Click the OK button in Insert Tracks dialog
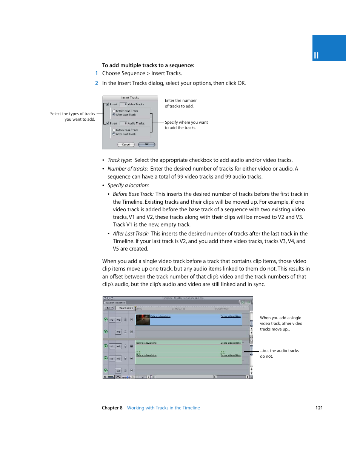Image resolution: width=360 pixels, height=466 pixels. pos(146,145)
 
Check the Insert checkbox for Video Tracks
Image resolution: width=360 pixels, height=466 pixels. pos(108,104)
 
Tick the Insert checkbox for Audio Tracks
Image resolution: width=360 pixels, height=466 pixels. pos(108,123)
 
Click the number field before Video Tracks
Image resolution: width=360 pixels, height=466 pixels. pos(123,104)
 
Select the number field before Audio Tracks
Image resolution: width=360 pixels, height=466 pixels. pos(123,123)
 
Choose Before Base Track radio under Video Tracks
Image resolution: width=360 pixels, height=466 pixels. pos(114,111)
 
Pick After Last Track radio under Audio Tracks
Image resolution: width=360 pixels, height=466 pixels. pos(114,134)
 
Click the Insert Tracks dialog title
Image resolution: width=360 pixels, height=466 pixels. pos(130,98)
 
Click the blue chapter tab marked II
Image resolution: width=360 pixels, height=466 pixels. pos(329,48)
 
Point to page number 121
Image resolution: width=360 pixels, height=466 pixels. pos(319,408)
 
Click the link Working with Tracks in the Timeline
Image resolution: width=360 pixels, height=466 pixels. pos(163,408)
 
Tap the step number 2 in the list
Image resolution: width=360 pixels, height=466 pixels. pos(97,83)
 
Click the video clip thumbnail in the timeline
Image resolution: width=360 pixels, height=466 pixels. pos(143,320)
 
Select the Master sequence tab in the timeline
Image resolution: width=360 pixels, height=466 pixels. pos(115,303)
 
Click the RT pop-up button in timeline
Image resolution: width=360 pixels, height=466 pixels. pos(109,308)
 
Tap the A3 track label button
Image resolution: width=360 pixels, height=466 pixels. pos(118,371)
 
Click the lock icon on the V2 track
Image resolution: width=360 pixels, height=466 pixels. pos(126,320)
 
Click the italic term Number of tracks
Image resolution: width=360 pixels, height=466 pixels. pos(128,169)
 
